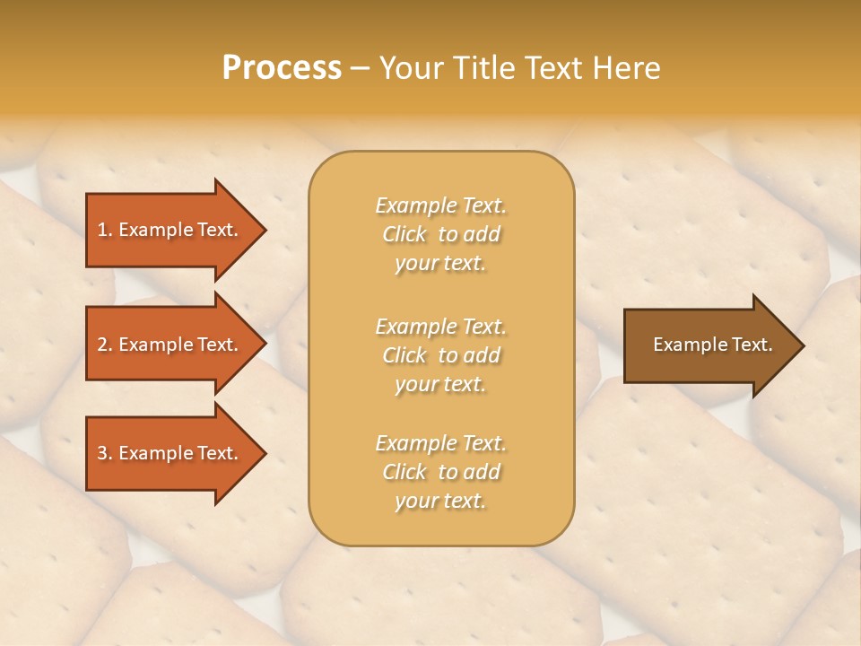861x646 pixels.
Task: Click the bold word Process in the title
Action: [282, 68]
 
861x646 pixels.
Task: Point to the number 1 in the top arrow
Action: [102, 230]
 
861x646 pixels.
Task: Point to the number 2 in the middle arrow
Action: [102, 345]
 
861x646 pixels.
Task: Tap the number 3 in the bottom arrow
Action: [102, 453]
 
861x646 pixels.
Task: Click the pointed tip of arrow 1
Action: [262, 230]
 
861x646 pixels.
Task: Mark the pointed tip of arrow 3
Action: [262, 453]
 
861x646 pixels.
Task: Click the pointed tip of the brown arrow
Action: [800, 345]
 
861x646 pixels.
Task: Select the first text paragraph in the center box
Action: [440, 234]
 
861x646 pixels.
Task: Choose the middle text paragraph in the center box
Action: [440, 355]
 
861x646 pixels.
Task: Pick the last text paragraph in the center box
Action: [440, 472]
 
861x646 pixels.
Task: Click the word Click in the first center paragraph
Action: [404, 234]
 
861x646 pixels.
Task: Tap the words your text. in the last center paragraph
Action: [440, 501]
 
